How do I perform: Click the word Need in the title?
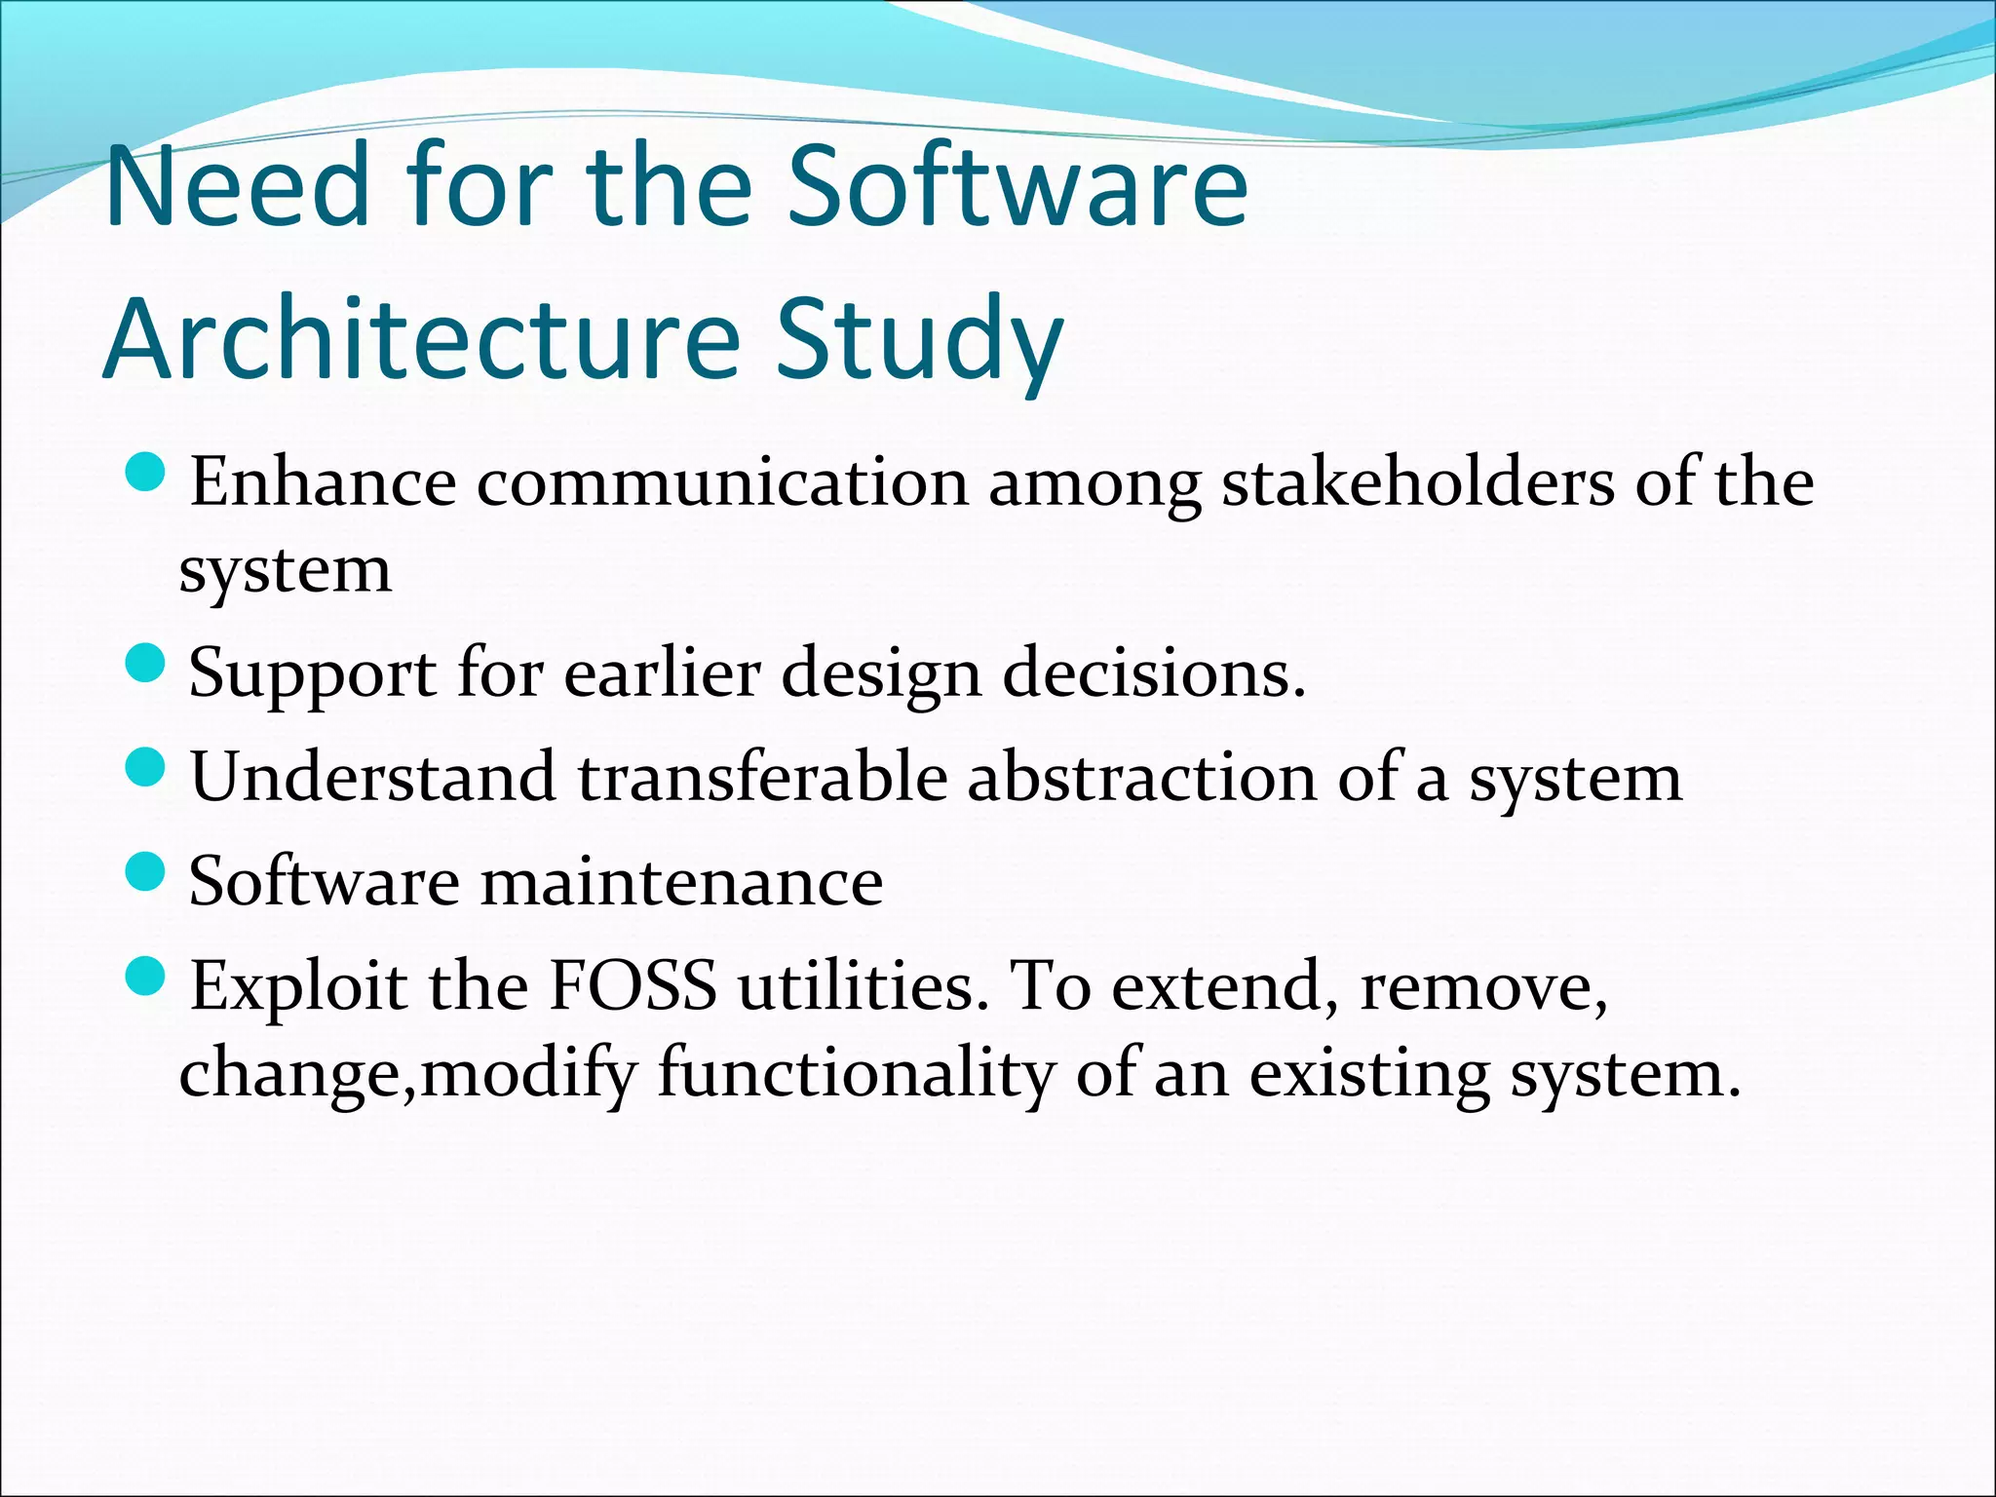coord(238,185)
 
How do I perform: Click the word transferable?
coord(761,779)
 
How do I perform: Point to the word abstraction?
coord(1141,779)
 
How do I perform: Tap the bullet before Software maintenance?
coord(147,871)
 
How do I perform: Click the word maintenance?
coord(681,882)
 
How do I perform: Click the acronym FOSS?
coord(633,986)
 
